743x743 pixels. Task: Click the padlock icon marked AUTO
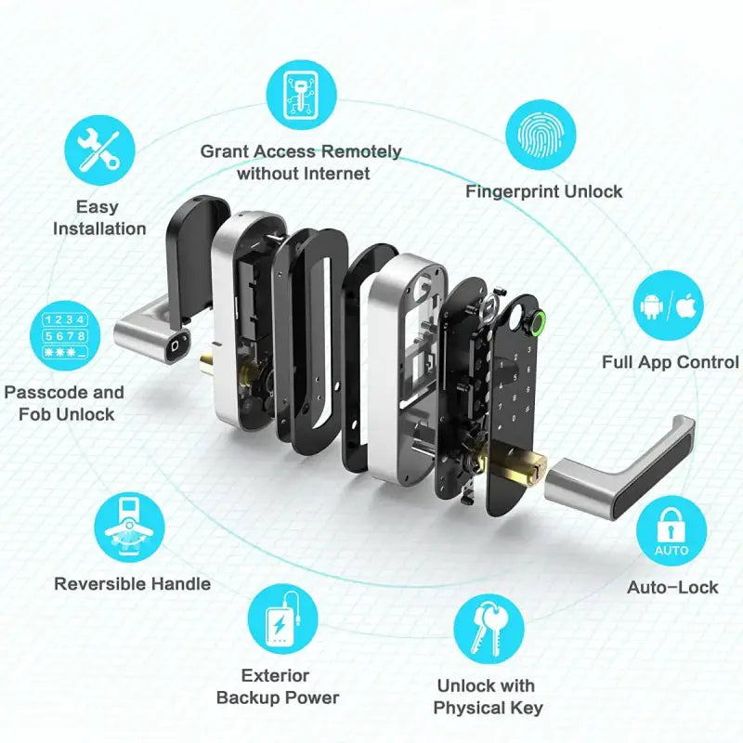671,532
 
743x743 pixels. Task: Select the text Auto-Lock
672,587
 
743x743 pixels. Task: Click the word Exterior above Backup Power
275,675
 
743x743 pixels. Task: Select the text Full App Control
670,362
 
